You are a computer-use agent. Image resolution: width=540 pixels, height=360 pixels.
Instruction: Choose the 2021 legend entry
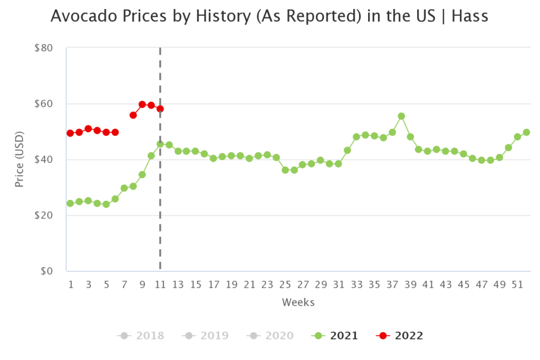[x=335, y=336]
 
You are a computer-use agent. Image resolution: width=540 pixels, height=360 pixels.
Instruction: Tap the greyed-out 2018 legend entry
[x=141, y=336]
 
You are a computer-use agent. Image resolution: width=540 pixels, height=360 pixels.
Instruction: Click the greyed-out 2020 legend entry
[x=271, y=336]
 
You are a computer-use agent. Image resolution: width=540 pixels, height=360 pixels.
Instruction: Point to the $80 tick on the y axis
[x=43, y=48]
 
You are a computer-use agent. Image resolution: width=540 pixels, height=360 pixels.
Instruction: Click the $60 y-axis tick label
[x=43, y=104]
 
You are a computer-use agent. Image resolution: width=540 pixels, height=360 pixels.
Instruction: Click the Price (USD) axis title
[x=20, y=159]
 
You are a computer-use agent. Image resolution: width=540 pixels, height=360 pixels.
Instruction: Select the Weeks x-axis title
[x=298, y=303]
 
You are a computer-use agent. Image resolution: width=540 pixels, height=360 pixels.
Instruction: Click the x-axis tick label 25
[x=285, y=285]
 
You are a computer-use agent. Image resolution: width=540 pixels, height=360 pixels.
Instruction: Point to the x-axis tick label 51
[x=517, y=285]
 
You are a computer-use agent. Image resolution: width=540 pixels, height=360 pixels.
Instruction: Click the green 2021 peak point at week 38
[x=401, y=116]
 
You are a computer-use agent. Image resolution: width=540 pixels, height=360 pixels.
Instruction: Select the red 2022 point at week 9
[x=142, y=104]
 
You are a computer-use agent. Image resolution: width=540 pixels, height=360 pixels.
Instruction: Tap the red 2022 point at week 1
[x=70, y=133]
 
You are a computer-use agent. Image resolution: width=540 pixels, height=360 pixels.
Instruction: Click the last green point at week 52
[x=526, y=132]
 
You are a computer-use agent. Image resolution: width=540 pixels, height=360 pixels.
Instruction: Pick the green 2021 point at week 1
[x=70, y=203]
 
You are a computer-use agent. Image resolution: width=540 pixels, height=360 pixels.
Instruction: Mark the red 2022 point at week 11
[x=160, y=109]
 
